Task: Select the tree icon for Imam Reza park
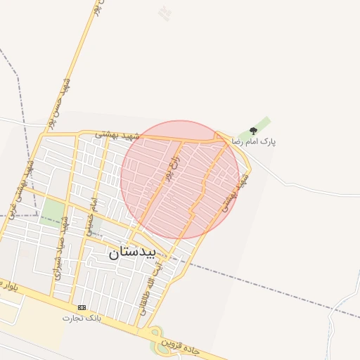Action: (x=253, y=131)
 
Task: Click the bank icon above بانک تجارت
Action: (x=82, y=307)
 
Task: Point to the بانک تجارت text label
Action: (x=82, y=318)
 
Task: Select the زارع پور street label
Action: (x=172, y=168)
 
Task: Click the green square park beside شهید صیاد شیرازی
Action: (x=52, y=210)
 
